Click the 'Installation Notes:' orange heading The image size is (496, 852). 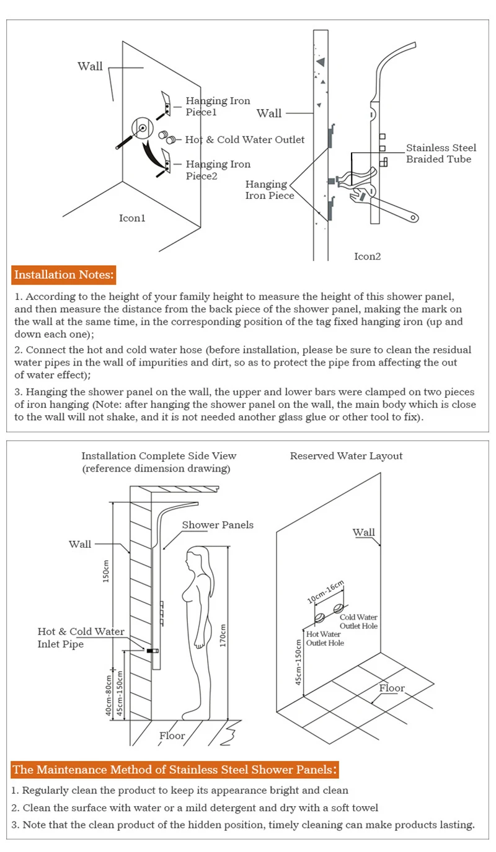tap(64, 274)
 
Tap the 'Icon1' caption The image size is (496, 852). tap(132, 218)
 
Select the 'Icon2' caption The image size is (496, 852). tap(367, 256)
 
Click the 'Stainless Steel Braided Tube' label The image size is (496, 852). tap(441, 154)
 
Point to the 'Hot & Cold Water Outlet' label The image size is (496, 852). tap(245, 139)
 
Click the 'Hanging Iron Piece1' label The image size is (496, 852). tap(218, 107)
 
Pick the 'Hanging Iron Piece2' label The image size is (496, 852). tap(218, 170)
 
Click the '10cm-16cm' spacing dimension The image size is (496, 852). tap(325, 593)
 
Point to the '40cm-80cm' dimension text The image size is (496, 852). tap(108, 694)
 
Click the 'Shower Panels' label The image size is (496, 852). tap(218, 525)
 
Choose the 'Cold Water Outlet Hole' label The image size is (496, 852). tap(358, 621)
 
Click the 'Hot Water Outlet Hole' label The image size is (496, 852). tap(325, 638)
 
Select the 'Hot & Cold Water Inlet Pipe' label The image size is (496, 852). tap(81, 638)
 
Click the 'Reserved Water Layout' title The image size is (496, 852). tap(346, 456)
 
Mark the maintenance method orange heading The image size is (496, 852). tap(175, 770)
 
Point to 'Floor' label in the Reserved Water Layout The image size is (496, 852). tap(392, 688)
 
